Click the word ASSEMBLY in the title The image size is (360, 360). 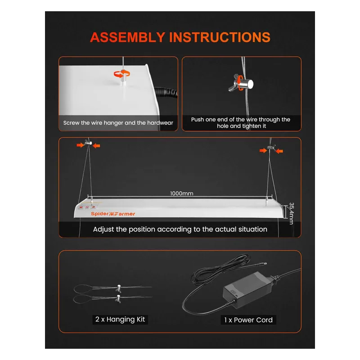(127, 37)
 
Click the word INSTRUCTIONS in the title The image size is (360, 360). (220, 37)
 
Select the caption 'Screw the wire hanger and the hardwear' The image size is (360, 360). (119, 122)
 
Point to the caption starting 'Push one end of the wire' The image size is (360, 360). (241, 123)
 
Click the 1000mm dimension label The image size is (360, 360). (182, 193)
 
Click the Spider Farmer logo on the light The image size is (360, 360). (112, 214)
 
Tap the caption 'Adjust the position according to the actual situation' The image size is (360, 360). (180, 229)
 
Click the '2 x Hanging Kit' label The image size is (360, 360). (121, 319)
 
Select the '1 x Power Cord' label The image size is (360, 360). (248, 320)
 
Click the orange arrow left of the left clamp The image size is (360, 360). (80, 145)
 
